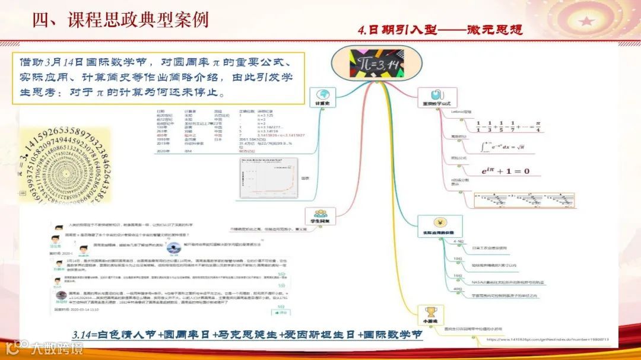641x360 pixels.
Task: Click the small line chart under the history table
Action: pyautogui.click(x=268, y=179)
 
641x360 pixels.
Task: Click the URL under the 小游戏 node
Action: pyautogui.click(x=546, y=339)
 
